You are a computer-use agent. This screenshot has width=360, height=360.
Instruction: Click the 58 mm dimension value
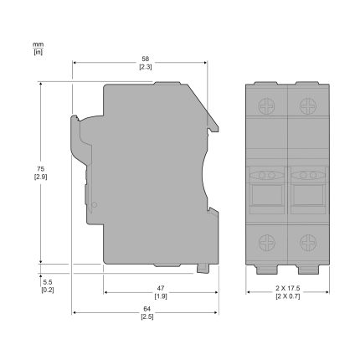(146, 59)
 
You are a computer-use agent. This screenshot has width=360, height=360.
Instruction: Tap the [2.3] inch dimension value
(146, 67)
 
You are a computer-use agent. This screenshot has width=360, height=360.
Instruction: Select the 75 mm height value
(41, 169)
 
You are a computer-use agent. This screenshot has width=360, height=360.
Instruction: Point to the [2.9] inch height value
(41, 177)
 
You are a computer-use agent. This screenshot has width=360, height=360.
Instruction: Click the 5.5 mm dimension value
(48, 282)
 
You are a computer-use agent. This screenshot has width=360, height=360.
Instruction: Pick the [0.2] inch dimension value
(48, 291)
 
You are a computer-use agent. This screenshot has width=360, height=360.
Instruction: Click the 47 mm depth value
(161, 288)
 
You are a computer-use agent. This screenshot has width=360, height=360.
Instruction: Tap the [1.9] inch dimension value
(161, 296)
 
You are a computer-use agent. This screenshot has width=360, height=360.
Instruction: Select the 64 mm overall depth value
(147, 309)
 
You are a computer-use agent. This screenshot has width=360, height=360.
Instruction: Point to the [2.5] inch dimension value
(147, 316)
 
